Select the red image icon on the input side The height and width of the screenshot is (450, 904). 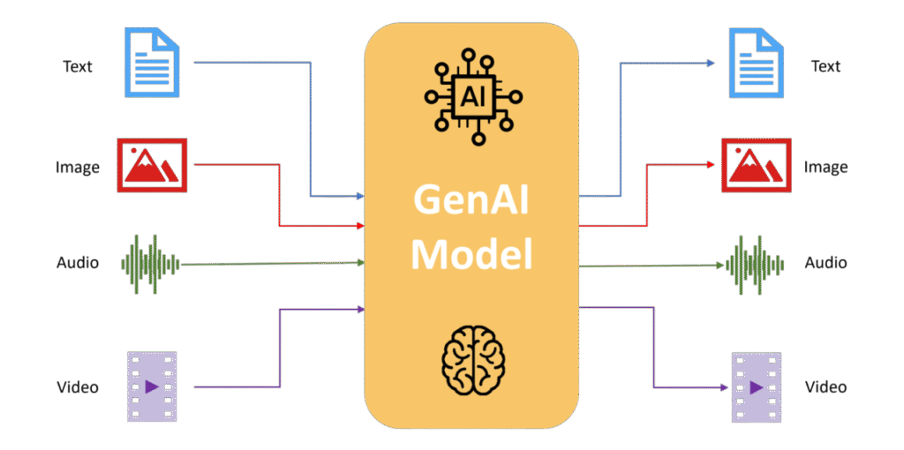[149, 164]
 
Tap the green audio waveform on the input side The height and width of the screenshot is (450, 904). [150, 263]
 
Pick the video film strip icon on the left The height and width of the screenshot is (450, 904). [152, 386]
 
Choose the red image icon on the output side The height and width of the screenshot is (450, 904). [755, 165]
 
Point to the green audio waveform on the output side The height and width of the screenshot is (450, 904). [755, 264]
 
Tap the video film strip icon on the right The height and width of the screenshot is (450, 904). [757, 386]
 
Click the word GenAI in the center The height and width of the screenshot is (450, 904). [471, 202]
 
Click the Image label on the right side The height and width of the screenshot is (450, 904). [826, 167]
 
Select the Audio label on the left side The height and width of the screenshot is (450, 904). [79, 263]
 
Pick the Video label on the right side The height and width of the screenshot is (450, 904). [826, 386]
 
